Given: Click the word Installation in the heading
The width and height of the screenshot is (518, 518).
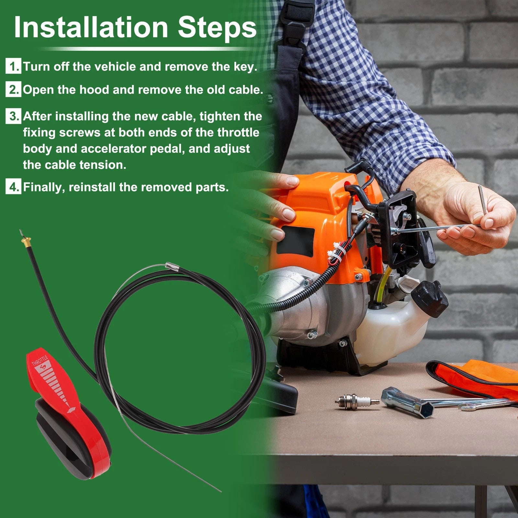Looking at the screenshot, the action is (x=91, y=27).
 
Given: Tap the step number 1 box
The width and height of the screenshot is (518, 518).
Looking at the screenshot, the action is (x=13, y=66).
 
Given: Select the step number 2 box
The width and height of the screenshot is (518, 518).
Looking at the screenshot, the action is (x=13, y=89).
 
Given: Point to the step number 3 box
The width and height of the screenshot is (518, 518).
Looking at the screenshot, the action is (x=13, y=116).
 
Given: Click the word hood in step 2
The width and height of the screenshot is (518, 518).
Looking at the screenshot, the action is (x=95, y=90).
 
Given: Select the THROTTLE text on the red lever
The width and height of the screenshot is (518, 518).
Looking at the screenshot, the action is (x=39, y=360).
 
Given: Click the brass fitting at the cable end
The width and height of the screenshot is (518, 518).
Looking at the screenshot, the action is (x=26, y=240).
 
